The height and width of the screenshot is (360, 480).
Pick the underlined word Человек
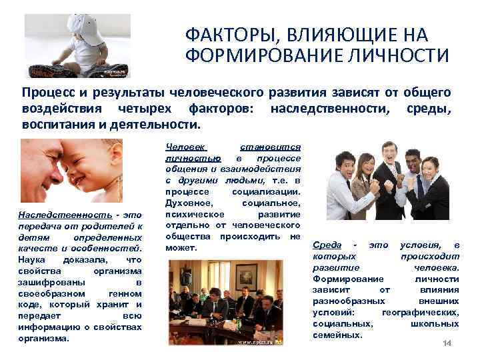point(185,147)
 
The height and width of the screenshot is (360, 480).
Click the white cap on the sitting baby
point(87,27)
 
